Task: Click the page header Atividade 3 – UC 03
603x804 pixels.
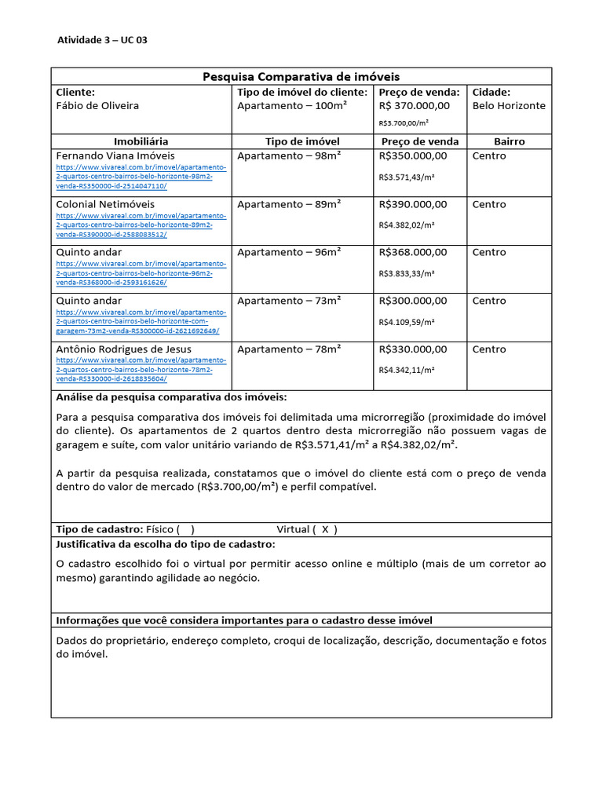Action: (102, 41)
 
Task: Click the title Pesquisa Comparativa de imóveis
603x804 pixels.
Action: (301, 76)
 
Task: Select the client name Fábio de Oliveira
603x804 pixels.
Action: (97, 106)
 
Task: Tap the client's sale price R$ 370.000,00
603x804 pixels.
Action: (414, 106)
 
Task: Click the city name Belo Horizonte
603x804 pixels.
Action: (509, 106)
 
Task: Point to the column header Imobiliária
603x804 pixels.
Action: (141, 141)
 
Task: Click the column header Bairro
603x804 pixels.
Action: (509, 141)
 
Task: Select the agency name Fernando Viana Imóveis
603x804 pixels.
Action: (115, 155)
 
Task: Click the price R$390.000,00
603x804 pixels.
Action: (413, 204)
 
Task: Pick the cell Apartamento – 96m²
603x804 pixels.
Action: (289, 252)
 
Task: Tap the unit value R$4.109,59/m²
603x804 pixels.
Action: (407, 322)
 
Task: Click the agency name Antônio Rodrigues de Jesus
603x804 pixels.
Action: (123, 349)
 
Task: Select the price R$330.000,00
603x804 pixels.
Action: (413, 349)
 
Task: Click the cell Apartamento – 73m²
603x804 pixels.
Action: (289, 301)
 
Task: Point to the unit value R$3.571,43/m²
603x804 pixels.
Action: (407, 177)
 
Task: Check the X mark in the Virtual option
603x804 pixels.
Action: (325, 529)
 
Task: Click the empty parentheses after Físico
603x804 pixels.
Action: (185, 529)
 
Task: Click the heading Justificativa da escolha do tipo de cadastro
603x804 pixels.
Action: (166, 544)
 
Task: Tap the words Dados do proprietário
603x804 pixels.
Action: (110, 641)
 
